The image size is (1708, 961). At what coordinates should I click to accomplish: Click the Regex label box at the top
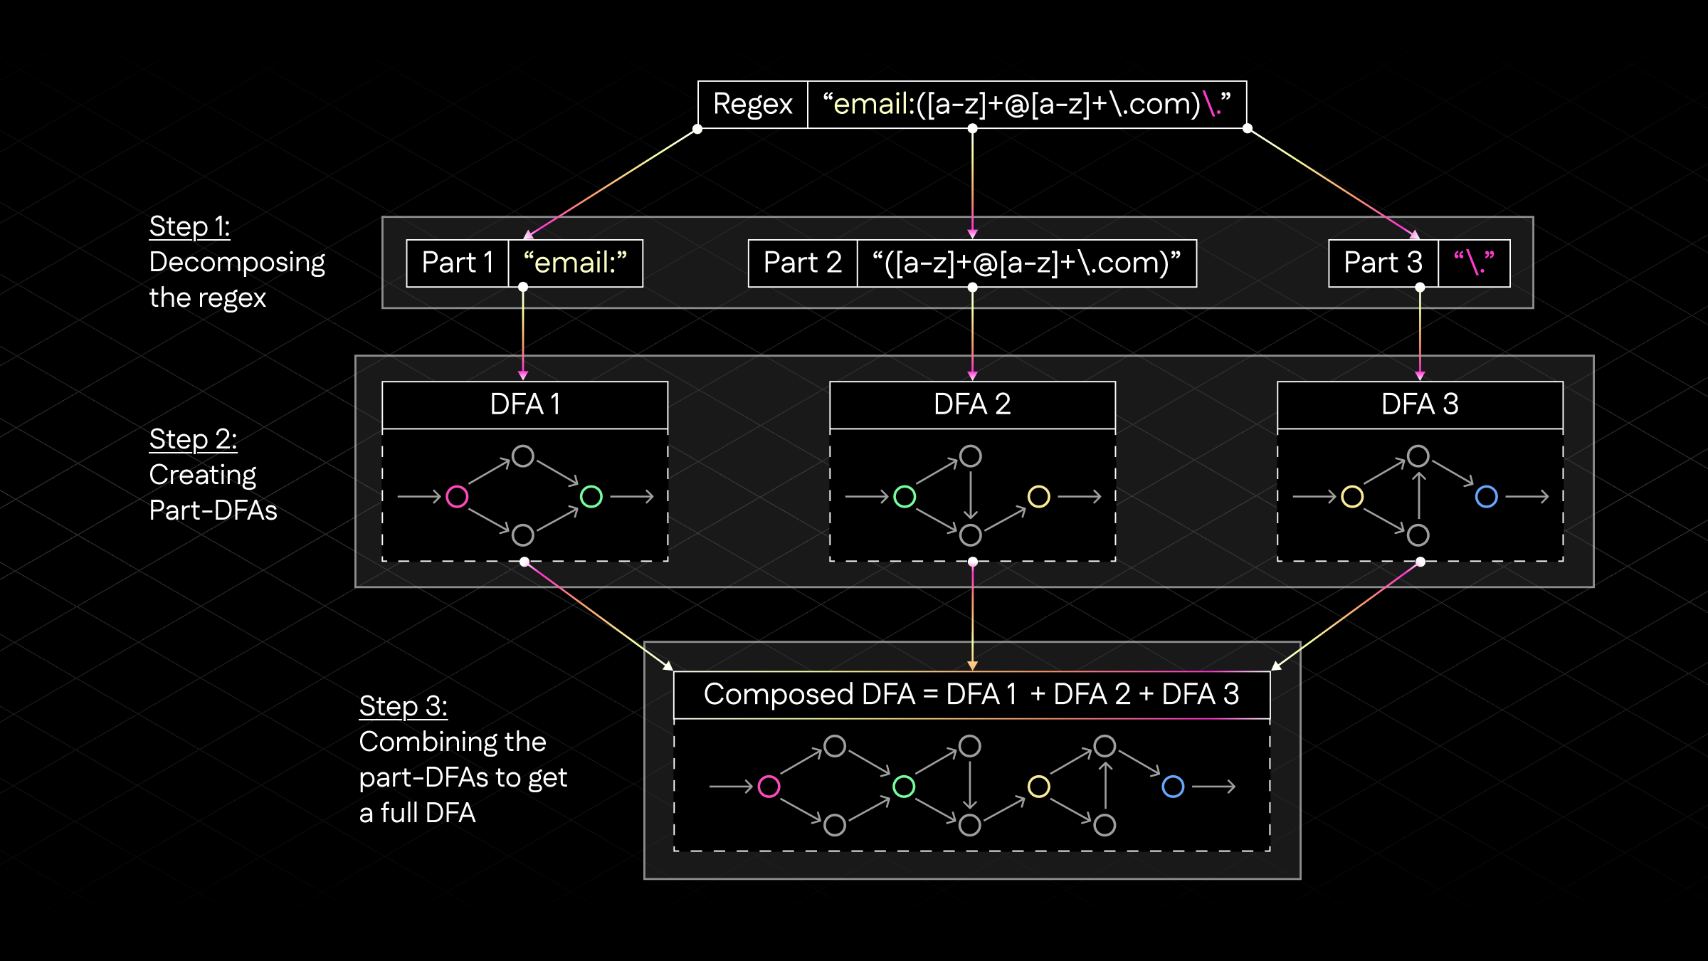(x=752, y=105)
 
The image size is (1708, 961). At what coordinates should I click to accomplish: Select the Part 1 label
(x=457, y=263)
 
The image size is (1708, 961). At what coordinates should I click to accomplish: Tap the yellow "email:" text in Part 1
(x=575, y=263)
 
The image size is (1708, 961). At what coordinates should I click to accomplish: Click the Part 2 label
(x=802, y=263)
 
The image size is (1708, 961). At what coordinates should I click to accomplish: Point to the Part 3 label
(x=1382, y=263)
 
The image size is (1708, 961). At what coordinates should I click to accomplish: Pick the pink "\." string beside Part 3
(x=1474, y=263)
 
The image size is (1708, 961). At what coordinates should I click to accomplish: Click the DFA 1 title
(x=524, y=405)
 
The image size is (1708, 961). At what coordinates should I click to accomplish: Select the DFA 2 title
(x=972, y=405)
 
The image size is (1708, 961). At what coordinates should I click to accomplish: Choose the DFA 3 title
(x=1420, y=405)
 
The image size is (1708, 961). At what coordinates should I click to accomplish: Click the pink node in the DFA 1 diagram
(x=457, y=496)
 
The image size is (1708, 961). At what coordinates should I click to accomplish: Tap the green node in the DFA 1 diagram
(x=591, y=496)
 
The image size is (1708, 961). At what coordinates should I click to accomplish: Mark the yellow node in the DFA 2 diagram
(x=1039, y=496)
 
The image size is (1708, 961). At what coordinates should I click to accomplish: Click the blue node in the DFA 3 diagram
(x=1487, y=496)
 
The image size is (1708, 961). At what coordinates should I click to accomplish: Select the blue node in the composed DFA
(x=1173, y=787)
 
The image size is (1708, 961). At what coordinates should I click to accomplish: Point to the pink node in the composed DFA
(x=769, y=787)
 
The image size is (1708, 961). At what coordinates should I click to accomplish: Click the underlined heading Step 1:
(x=189, y=227)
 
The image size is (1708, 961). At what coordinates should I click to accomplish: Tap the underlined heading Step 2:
(x=193, y=440)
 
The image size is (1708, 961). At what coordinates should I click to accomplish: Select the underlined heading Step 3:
(x=403, y=707)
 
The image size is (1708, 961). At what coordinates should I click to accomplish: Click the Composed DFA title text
(x=971, y=695)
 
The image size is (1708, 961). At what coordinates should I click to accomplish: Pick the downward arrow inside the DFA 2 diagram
(x=971, y=495)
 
